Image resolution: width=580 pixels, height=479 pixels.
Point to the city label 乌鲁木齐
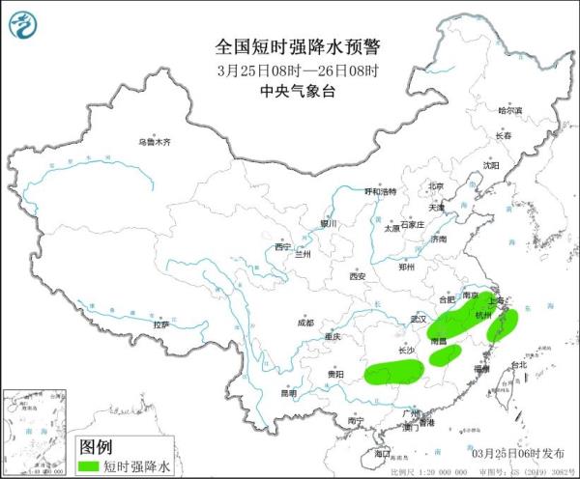[x=153, y=142]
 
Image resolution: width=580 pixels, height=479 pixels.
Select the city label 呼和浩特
[x=380, y=191]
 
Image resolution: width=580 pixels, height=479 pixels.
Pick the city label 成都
[x=306, y=323]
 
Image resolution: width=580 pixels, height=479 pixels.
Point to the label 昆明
[x=289, y=393]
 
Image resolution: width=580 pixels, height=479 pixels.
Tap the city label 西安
[x=359, y=276]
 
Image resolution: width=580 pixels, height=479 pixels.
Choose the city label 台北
[x=519, y=365]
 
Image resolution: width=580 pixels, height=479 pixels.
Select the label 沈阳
[x=492, y=165]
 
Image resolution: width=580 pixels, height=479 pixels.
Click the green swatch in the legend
[x=90, y=466]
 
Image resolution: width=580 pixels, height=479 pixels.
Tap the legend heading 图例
[x=95, y=447]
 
